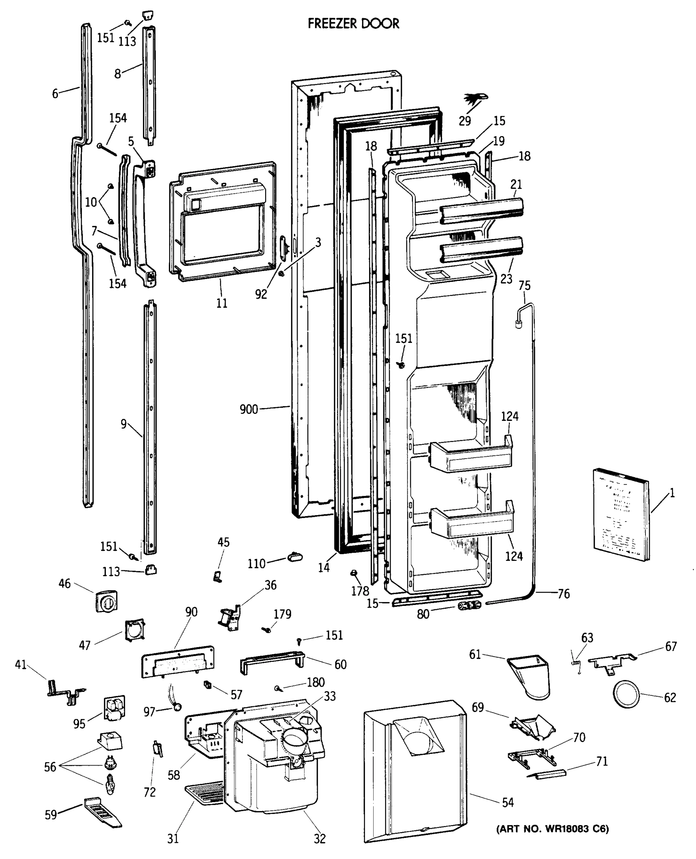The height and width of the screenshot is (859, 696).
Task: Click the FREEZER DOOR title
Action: tap(353, 24)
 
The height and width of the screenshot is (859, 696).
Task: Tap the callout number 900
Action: tap(249, 409)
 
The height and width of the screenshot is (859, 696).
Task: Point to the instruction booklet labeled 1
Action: tap(620, 515)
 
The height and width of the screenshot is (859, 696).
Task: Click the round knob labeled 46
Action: tap(107, 601)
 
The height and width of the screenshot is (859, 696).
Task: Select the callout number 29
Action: tap(465, 121)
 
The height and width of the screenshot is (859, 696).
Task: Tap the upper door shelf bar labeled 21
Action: tap(481, 210)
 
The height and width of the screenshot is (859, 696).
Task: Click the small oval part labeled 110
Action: tap(295, 557)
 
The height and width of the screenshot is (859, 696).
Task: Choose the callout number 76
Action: tap(563, 594)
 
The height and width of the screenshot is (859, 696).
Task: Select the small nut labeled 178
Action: tap(354, 573)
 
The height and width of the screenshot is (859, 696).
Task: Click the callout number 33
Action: tap(330, 696)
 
